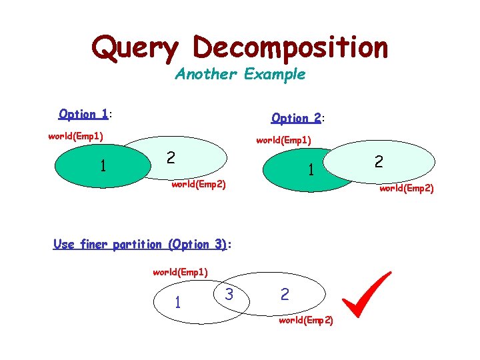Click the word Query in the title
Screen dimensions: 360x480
coord(135,48)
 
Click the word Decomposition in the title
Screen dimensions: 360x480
coord(290,48)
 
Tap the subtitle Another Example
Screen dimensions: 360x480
coord(240,74)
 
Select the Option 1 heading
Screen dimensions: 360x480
coord(84,114)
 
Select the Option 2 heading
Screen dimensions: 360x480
coord(297,118)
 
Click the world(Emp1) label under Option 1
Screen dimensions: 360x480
coord(75,137)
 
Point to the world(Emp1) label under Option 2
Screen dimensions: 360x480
coord(283,141)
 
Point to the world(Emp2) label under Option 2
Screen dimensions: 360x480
coord(407,188)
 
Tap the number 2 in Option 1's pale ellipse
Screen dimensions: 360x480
coord(171,157)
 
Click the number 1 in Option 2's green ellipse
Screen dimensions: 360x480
coord(311,171)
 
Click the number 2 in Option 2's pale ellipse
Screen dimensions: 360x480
coord(379,161)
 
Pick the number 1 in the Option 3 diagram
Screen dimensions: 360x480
coord(177,303)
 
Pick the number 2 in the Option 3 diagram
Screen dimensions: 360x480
coord(285,294)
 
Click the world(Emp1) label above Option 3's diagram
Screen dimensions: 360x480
coord(180,272)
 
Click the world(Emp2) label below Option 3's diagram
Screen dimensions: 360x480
coord(306,321)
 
